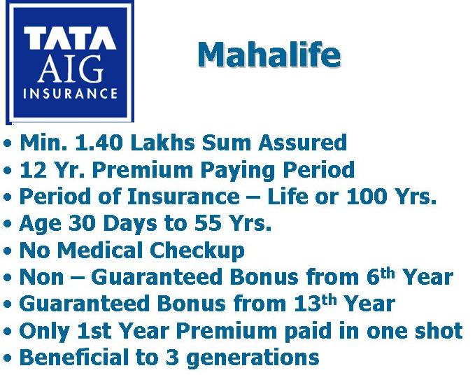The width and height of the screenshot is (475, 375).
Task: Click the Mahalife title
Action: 269,55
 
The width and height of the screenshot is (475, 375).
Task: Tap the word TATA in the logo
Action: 70,38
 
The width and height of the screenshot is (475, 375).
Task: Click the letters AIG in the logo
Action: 70,68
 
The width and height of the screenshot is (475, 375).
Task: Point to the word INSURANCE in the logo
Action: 70,93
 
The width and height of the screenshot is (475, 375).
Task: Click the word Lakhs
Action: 163,142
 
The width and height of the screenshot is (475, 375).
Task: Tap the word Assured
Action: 303,142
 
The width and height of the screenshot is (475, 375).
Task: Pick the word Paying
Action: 238,170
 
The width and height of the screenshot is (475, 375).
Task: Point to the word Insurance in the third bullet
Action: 183,196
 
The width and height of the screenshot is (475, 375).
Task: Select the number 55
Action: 208,223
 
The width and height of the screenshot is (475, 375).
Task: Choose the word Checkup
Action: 197,250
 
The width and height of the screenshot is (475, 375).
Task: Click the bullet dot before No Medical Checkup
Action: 8,251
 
